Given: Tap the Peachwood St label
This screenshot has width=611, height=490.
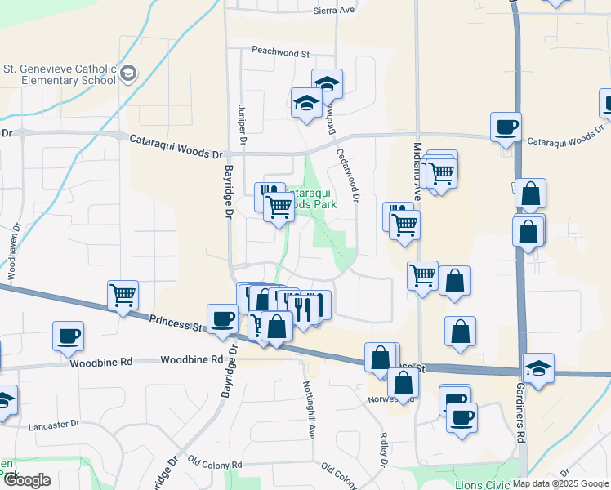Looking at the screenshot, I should pos(281,52).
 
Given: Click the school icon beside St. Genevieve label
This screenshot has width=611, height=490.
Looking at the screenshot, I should pos(127,75).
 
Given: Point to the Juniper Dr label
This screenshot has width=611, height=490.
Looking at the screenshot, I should pos(242,126).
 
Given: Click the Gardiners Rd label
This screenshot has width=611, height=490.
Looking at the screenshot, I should pos(520,425).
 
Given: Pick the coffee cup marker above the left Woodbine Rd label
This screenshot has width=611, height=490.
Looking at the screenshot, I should pos(68,335).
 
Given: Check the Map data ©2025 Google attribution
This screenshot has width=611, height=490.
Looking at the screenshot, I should pos(561,483).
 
